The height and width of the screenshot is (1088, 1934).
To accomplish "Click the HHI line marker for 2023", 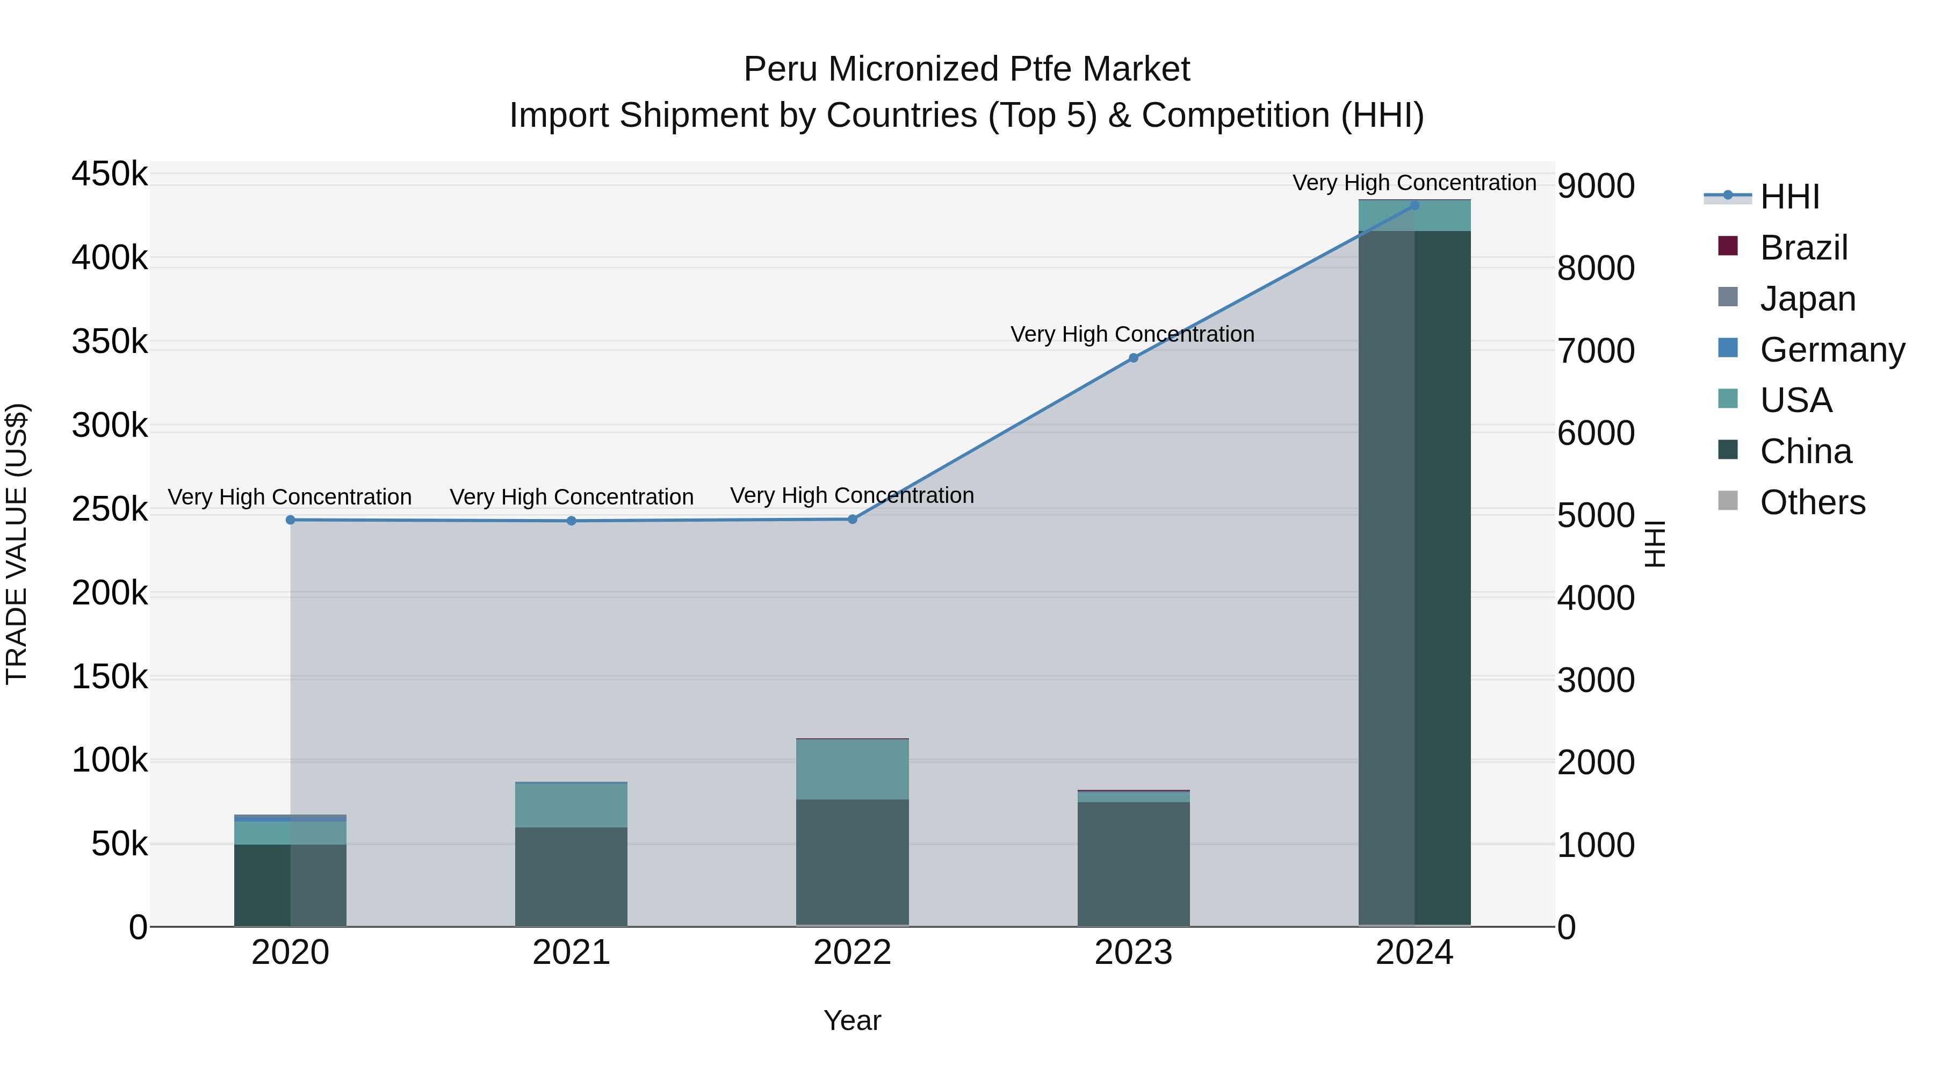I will coord(1133,358).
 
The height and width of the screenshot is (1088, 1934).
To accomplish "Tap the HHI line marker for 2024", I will coord(1414,205).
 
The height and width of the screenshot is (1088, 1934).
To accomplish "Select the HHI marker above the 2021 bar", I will coord(572,521).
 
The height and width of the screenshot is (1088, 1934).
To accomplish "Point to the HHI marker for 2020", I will coord(291,520).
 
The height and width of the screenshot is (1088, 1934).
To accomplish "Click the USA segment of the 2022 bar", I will coord(852,769).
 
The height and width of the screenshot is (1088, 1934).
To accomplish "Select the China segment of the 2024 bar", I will coord(1414,578).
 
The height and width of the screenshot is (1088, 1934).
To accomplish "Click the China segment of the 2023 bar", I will coord(1133,863).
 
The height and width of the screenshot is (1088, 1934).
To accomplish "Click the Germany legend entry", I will coord(1831,350).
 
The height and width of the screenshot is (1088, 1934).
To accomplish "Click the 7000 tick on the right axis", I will coord(1596,351).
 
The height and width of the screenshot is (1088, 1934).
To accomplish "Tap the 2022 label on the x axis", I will coord(852,953).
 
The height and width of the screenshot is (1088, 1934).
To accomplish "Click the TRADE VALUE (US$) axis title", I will coord(17,544).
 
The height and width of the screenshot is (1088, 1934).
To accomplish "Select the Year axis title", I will coord(852,1020).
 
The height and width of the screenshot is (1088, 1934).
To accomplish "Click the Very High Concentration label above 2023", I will coord(1132,334).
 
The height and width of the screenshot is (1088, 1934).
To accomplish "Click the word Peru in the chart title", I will coord(780,69).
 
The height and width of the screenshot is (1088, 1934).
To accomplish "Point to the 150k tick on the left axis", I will coord(110,678).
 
